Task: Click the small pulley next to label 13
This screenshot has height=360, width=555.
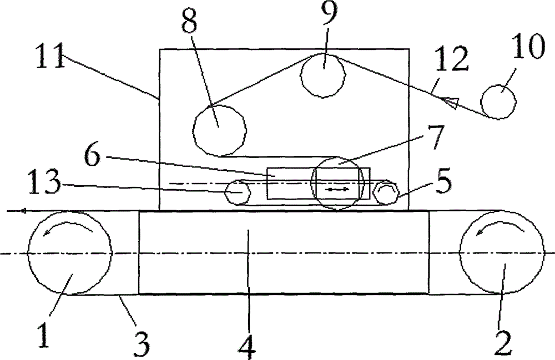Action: point(238,192)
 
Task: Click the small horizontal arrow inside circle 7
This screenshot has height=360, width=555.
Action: point(339,190)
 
